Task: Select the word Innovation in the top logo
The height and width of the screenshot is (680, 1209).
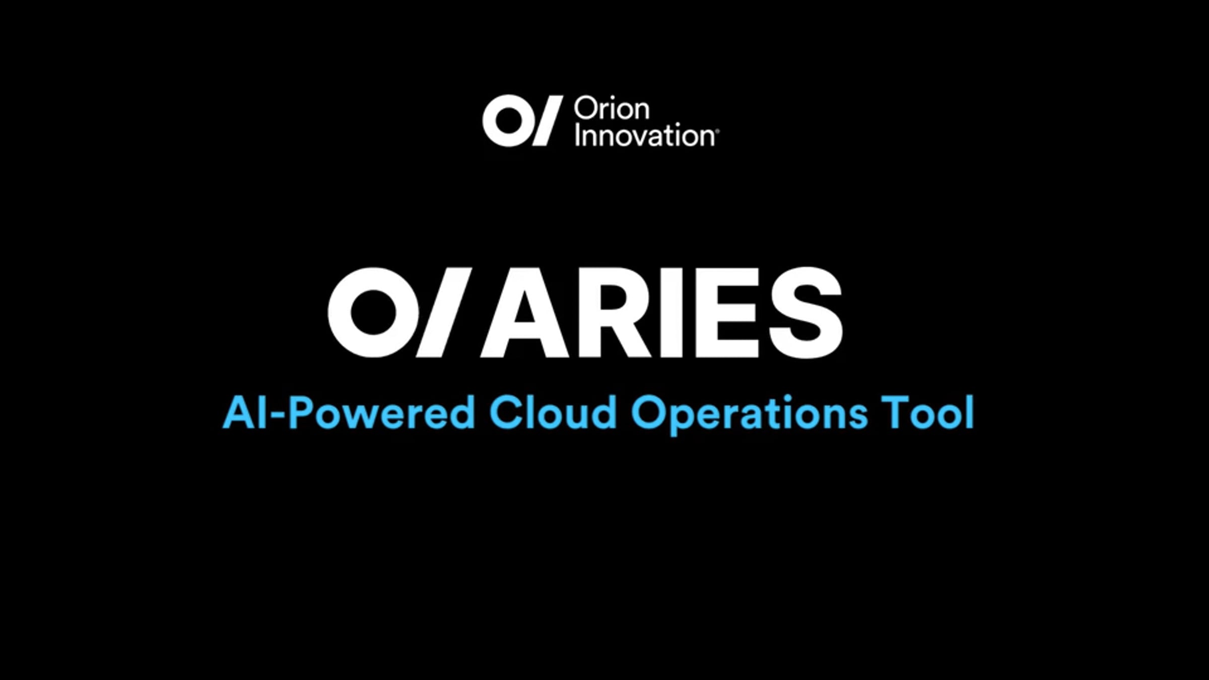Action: click(x=644, y=136)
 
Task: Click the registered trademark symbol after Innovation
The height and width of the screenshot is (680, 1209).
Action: click(x=717, y=131)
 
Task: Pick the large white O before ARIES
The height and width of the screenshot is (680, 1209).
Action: click(x=373, y=312)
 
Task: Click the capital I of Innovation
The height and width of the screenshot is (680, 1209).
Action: click(x=578, y=136)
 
